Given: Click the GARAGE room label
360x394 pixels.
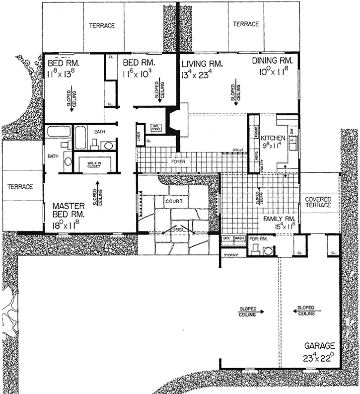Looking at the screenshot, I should coord(320,346).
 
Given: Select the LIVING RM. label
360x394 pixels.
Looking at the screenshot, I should coord(202,64).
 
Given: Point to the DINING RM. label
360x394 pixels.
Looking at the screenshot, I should coord(273,61).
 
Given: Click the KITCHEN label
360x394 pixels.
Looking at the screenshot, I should coord(274,138).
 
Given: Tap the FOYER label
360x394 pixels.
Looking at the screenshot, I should coord(179,161).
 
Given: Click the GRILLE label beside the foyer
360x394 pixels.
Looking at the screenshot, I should coord(237,149).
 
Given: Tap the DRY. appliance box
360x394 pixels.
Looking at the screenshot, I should coord(226,238).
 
